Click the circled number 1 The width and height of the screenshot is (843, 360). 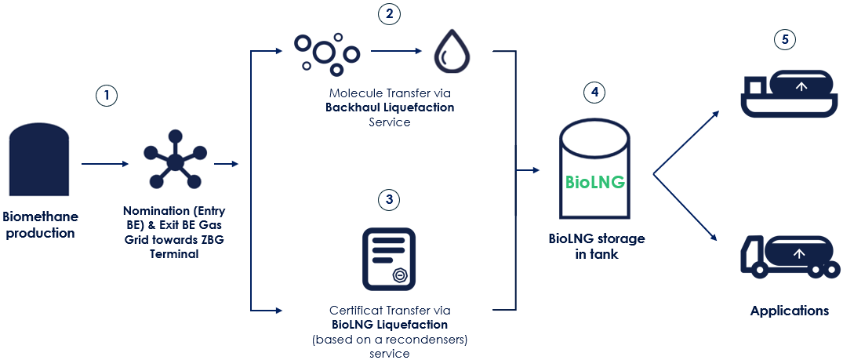tap(107, 96)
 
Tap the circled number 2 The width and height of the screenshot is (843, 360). tap(388, 14)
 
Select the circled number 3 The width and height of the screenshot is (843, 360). tap(388, 200)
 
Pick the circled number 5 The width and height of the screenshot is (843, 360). tap(783, 39)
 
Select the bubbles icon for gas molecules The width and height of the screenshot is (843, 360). tap(326, 51)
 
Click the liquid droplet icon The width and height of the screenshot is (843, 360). tap(452, 51)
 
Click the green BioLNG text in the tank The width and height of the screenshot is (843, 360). tap(595, 183)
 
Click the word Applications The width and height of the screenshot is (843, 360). tap(789, 311)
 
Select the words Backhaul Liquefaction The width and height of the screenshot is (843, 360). tap(390, 107)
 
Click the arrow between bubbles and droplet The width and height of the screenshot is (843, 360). tap(396, 52)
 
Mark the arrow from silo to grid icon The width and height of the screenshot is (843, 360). tap(104, 164)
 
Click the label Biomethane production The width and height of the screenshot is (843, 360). tap(41, 224)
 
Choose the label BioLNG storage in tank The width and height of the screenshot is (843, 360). tap(596, 246)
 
